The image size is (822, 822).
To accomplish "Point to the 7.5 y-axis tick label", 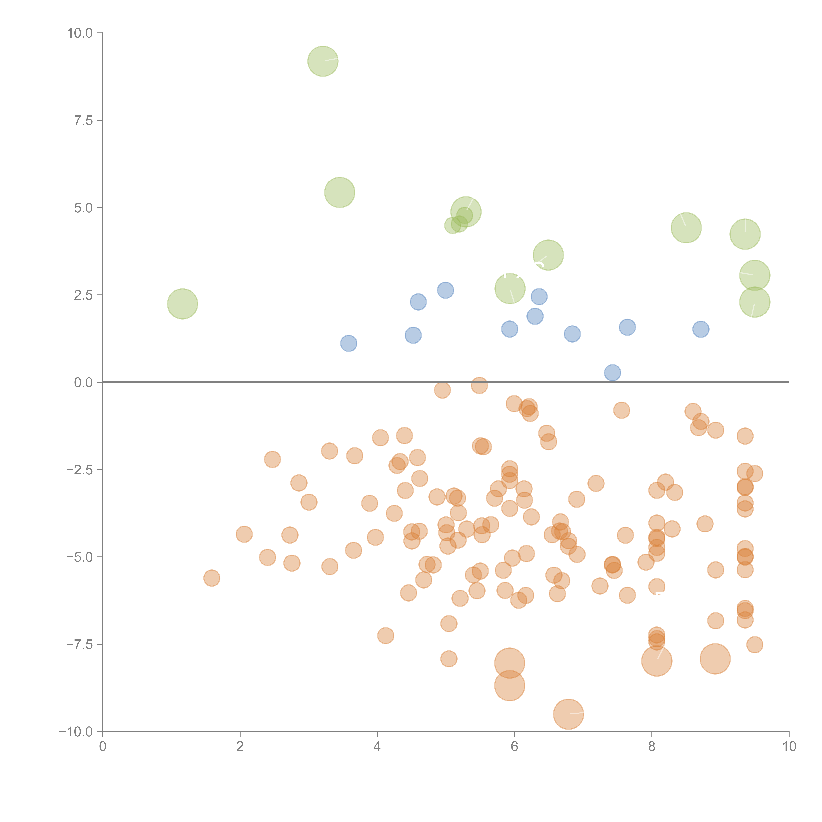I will (x=83, y=120).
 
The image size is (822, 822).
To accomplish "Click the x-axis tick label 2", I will (x=240, y=747).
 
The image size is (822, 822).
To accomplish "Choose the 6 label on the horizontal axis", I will (x=514, y=747).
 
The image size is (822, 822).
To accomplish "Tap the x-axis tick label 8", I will (x=652, y=747).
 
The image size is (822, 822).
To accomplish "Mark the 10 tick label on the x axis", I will (x=789, y=747).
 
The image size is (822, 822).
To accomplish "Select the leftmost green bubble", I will (x=182, y=304).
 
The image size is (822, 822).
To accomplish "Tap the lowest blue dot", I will (x=612, y=373).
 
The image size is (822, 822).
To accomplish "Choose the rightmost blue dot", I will (x=701, y=329).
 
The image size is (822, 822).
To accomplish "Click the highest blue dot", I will (x=446, y=290).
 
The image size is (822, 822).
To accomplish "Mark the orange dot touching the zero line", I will (x=480, y=386).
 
